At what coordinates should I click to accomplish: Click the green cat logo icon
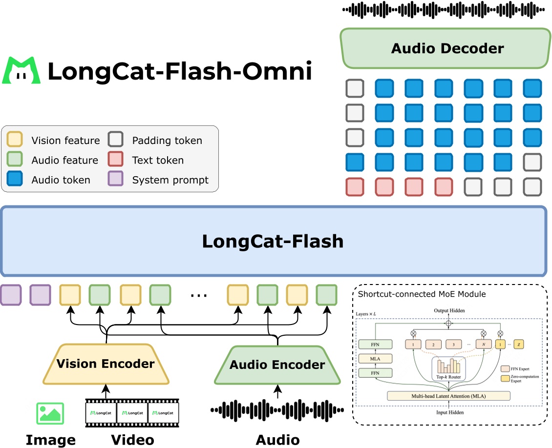(21, 70)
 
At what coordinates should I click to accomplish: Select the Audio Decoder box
(447, 48)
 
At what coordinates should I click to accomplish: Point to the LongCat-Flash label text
(273, 242)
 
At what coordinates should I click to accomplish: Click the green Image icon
(50, 413)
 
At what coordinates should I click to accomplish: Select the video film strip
(132, 413)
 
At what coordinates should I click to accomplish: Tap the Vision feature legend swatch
(15, 141)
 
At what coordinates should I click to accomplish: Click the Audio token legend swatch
(15, 180)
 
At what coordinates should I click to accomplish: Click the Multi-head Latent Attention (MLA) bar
(448, 396)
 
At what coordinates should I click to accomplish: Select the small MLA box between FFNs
(375, 359)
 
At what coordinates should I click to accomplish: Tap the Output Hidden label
(449, 310)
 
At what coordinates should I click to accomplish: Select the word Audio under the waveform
(277, 440)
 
